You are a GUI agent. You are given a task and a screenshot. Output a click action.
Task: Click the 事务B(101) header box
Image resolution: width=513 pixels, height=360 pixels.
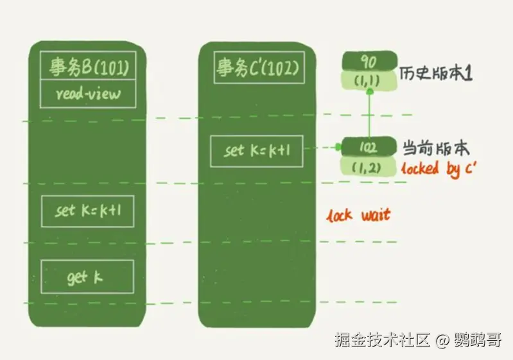[87, 67]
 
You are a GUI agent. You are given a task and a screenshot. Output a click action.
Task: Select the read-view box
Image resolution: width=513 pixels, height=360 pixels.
[87, 95]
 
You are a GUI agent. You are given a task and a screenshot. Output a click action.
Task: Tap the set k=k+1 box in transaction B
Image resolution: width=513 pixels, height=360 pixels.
[87, 211]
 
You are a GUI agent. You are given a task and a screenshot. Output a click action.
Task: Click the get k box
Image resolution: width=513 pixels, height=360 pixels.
[87, 277]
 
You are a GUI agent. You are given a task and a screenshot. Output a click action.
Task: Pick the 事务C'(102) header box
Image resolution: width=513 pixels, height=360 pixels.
[259, 67]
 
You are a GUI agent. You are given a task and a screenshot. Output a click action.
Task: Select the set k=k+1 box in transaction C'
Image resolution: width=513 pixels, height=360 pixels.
[256, 151]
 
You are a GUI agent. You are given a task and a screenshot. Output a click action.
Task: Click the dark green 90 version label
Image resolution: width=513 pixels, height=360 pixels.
[369, 62]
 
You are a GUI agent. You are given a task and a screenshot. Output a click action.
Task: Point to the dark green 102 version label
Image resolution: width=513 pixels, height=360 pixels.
[369, 147]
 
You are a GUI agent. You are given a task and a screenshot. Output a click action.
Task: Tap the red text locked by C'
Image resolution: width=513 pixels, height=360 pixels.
[439, 169]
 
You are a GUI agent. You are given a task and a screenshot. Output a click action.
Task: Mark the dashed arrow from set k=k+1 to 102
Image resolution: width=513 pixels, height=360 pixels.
[321, 148]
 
